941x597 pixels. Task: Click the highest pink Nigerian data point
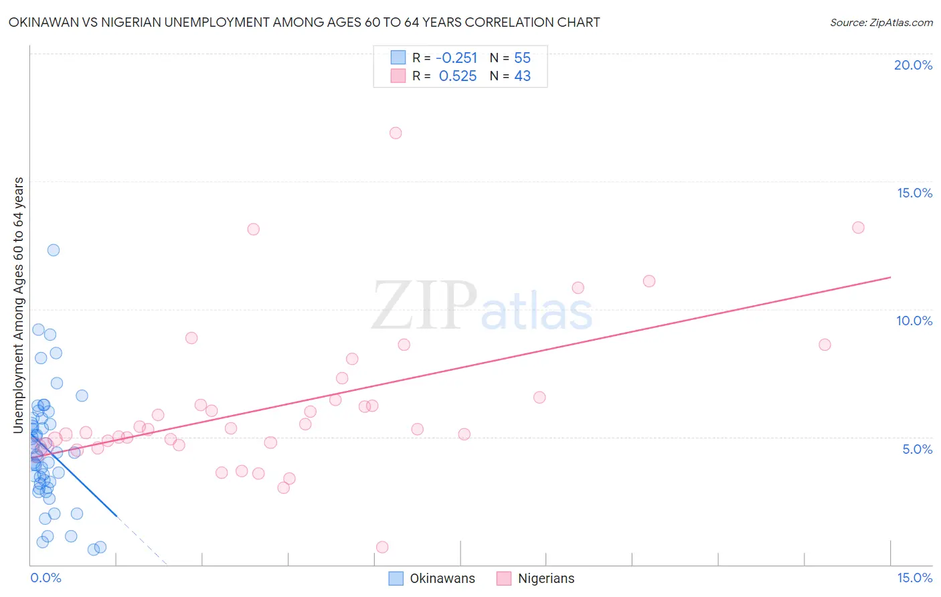tap(396, 133)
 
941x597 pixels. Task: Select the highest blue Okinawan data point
tap(54, 250)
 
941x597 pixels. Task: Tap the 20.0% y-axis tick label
tap(913, 65)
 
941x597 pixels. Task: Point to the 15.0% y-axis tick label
tap(914, 193)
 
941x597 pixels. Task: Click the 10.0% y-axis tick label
tap(914, 321)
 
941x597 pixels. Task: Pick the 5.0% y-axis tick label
tap(917, 449)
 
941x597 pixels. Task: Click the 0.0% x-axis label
tap(46, 578)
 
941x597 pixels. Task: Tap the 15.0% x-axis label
tap(914, 578)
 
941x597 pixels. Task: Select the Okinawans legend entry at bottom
tap(432, 578)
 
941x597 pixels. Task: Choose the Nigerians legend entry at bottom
tap(536, 578)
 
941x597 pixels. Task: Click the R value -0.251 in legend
tap(456, 58)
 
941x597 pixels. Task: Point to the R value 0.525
tap(458, 76)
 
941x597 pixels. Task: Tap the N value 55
tap(522, 58)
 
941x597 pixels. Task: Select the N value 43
tap(522, 76)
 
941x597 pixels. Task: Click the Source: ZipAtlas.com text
tap(881, 23)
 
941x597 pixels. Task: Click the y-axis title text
tap(19, 305)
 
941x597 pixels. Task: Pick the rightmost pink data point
tap(858, 228)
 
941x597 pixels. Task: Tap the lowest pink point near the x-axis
tap(382, 547)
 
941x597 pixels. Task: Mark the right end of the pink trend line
tap(890, 277)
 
